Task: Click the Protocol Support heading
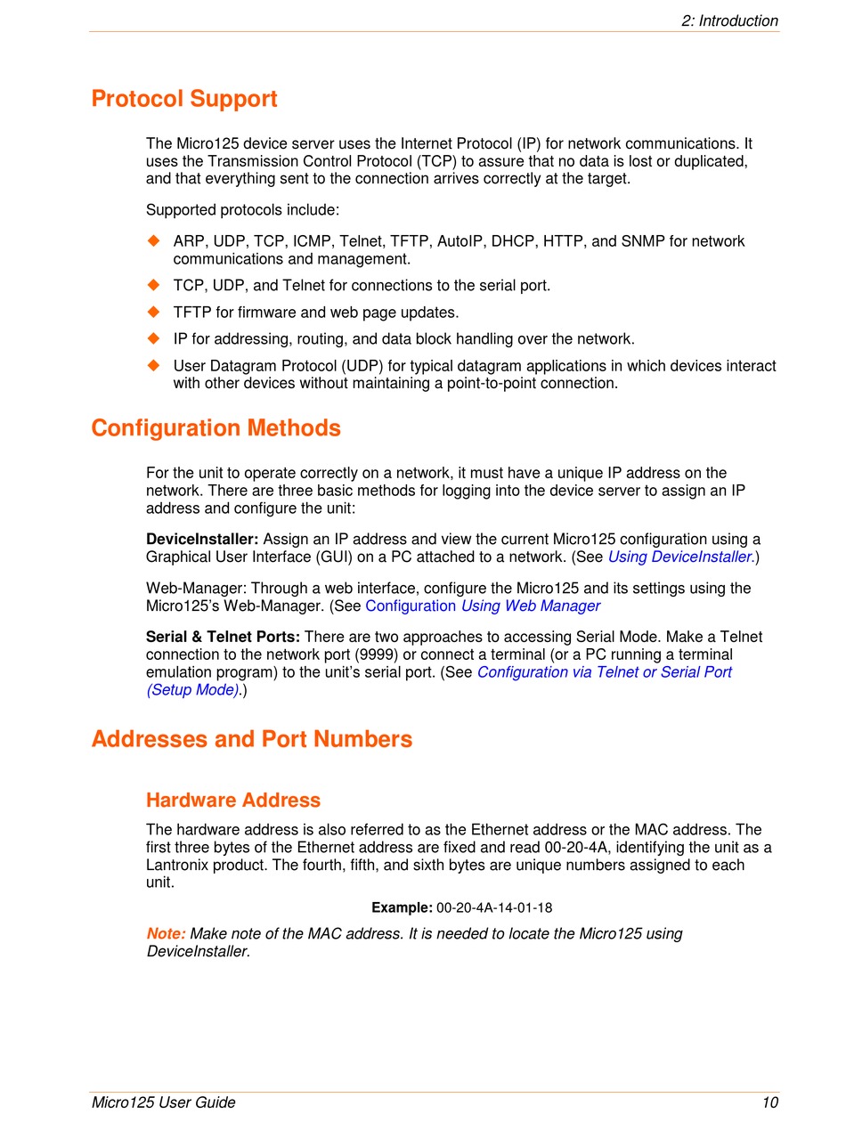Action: click(x=184, y=99)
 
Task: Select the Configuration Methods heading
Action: click(x=216, y=428)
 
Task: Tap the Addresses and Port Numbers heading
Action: click(x=252, y=739)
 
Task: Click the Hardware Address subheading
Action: click(x=233, y=800)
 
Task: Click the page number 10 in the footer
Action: click(x=770, y=1102)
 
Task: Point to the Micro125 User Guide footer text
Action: click(x=164, y=1102)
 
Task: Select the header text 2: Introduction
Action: click(x=729, y=20)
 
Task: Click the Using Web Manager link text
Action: click(x=531, y=606)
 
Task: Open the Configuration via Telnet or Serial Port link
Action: click(x=604, y=672)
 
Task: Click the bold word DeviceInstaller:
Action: click(x=202, y=539)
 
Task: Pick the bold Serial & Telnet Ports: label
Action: click(x=223, y=637)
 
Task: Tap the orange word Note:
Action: click(x=166, y=933)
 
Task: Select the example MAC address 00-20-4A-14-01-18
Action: click(x=494, y=907)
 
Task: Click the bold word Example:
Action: click(x=402, y=907)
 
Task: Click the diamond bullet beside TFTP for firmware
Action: click(x=153, y=312)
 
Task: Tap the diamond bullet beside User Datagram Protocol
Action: click(x=153, y=365)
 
